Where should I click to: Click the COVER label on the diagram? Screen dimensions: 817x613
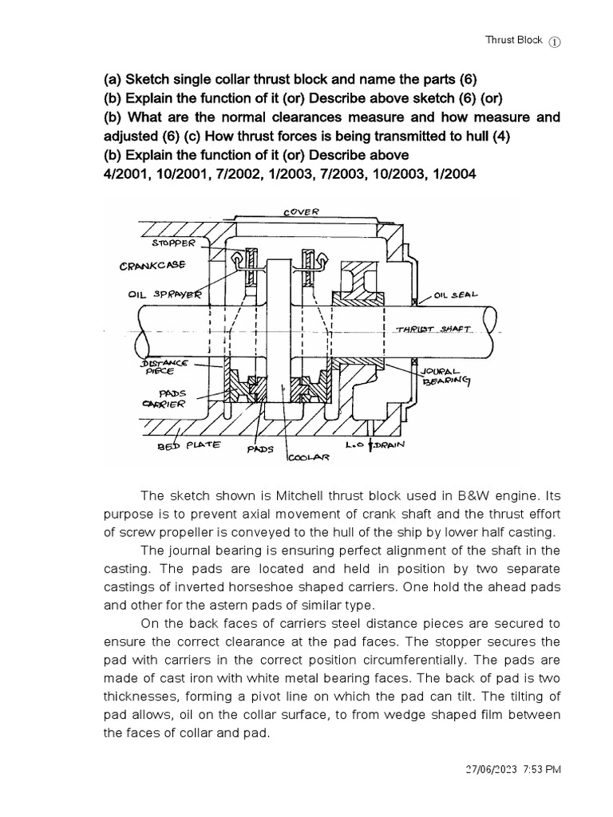(301, 211)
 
